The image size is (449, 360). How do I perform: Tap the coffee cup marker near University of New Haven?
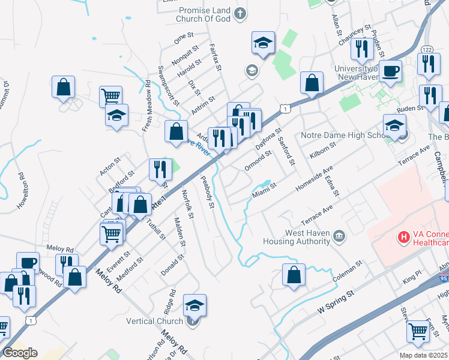pyautogui.click(x=390, y=71)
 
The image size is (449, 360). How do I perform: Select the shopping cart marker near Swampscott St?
pyautogui.click(x=110, y=95)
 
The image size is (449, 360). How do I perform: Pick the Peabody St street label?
pyautogui.click(x=207, y=192)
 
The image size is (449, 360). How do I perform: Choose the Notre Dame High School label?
pyautogui.click(x=345, y=136)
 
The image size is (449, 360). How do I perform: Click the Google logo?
pyautogui.click(x=20, y=353)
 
